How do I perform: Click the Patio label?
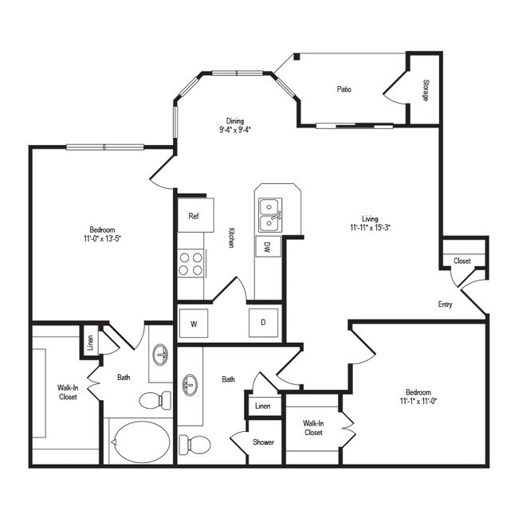(x=344, y=89)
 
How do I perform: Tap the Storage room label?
(x=426, y=90)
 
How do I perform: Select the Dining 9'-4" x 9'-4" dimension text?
(x=234, y=129)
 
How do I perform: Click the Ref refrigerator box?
(x=193, y=216)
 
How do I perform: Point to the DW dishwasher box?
(x=267, y=246)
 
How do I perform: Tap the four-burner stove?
(x=190, y=264)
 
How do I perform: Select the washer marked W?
(x=193, y=324)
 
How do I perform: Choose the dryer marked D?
(x=262, y=323)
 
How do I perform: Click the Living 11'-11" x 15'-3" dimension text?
(x=370, y=227)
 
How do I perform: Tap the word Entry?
(x=446, y=304)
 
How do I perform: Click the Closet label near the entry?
(x=462, y=261)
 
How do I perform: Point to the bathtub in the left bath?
(x=140, y=442)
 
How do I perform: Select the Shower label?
(x=263, y=441)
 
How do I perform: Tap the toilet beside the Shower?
(x=194, y=442)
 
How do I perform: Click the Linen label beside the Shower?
(x=262, y=406)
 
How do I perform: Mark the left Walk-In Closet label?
(x=68, y=392)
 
